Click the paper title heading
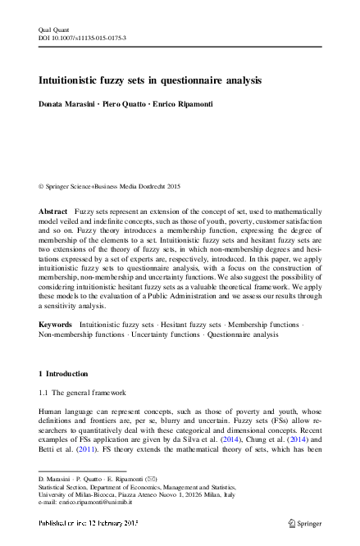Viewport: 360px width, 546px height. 150,81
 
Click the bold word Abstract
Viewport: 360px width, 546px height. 53,212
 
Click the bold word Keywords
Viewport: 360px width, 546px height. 56,325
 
